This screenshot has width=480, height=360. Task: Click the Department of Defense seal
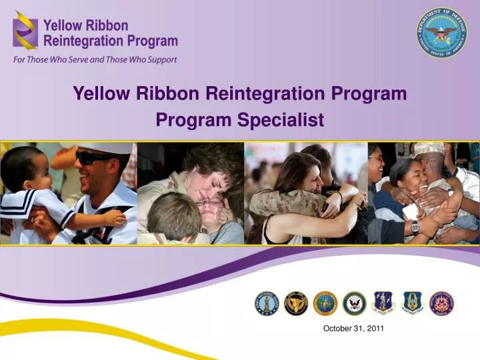click(442, 33)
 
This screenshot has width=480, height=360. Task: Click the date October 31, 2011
click(353, 328)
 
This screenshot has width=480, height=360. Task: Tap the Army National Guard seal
click(267, 303)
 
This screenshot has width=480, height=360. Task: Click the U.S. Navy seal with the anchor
click(354, 303)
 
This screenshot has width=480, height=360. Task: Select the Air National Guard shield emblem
click(383, 303)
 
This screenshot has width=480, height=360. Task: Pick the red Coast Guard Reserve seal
click(441, 303)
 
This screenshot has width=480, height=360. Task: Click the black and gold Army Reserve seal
click(296, 303)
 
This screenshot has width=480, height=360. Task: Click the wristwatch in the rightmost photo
click(415, 225)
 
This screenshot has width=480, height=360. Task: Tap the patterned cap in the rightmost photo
click(429, 148)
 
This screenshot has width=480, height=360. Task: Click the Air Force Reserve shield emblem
click(412, 303)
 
